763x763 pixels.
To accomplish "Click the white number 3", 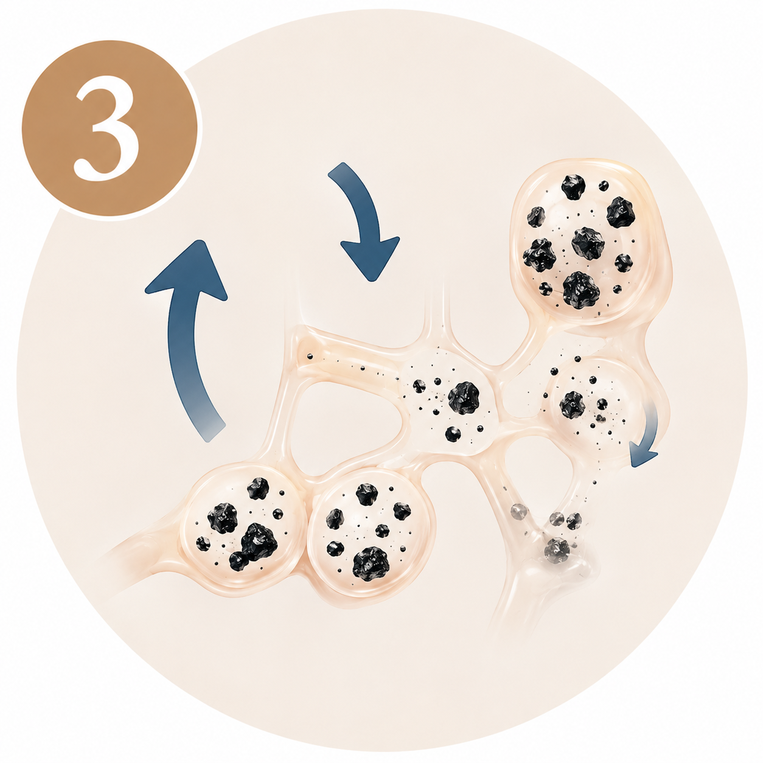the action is pyautogui.click(x=108, y=128).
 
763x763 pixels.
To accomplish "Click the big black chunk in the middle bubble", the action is pyautogui.click(x=464, y=398).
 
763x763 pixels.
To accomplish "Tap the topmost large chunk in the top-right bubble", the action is pyautogui.click(x=573, y=187).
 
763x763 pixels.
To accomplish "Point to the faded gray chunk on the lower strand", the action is pyautogui.click(x=557, y=549).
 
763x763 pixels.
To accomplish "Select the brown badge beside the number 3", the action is pyautogui.click(x=110, y=128).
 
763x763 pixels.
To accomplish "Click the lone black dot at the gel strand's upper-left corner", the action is pyautogui.click(x=310, y=357).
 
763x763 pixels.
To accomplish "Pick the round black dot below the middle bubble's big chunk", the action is pyautogui.click(x=452, y=434).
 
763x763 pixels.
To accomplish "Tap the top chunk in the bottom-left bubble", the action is pyautogui.click(x=258, y=488).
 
